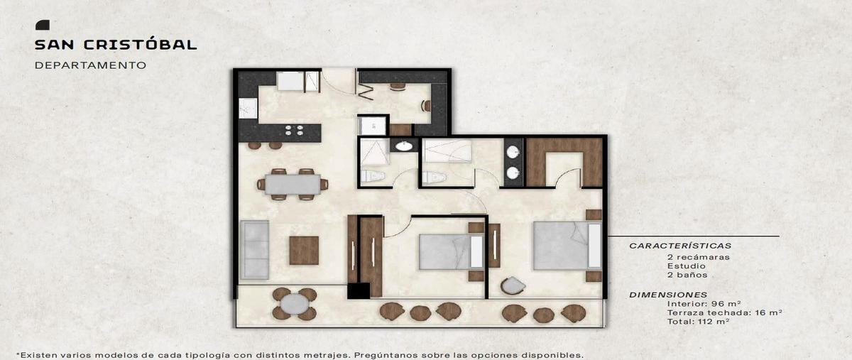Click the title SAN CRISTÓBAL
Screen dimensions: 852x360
[x=116, y=45]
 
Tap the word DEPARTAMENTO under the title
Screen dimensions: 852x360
[x=91, y=65]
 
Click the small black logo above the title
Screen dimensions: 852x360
[x=42, y=25]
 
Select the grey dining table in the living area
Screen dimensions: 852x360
[x=293, y=184]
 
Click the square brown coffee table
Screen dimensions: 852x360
[x=304, y=251]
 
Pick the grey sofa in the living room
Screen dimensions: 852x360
[x=254, y=250]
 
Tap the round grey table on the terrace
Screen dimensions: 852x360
[x=295, y=304]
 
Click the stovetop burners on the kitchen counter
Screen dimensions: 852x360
[x=295, y=130]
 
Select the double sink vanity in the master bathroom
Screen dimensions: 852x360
[x=513, y=163]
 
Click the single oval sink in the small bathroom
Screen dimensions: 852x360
[x=403, y=146]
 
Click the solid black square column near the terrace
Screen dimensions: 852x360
[x=359, y=290]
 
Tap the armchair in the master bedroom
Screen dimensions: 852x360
[x=513, y=285]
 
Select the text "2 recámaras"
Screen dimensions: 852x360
[x=699, y=257]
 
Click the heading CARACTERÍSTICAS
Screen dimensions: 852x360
[x=680, y=246]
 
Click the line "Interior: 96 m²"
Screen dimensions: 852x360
[x=704, y=304]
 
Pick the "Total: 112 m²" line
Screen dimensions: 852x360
[x=698, y=322]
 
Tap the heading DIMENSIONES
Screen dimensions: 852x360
[x=668, y=295]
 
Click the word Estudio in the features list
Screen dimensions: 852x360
[x=686, y=266]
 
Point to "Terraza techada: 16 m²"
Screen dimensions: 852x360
[x=724, y=313]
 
